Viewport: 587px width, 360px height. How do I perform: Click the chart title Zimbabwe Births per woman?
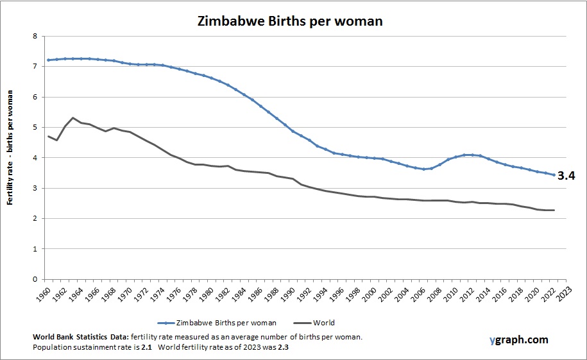tap(289, 21)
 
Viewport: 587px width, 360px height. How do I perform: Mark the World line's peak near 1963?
tap(72, 118)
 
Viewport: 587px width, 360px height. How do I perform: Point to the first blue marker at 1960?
tap(48, 60)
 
